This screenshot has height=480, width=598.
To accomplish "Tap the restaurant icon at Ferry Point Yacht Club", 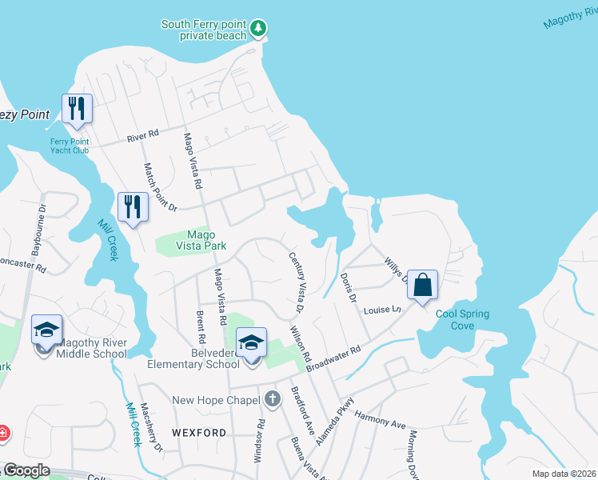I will click(77, 109).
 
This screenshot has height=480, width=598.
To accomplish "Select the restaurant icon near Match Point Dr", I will click(133, 207).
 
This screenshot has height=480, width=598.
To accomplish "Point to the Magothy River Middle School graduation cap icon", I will click(46, 330).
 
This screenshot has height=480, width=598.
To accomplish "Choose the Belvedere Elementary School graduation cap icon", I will click(252, 342).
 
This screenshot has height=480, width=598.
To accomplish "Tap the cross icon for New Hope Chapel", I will click(272, 398).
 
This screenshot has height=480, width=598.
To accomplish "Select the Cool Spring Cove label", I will click(463, 319).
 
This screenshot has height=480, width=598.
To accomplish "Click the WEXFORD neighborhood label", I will click(199, 433).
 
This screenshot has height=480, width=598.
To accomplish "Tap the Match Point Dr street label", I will click(158, 187).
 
